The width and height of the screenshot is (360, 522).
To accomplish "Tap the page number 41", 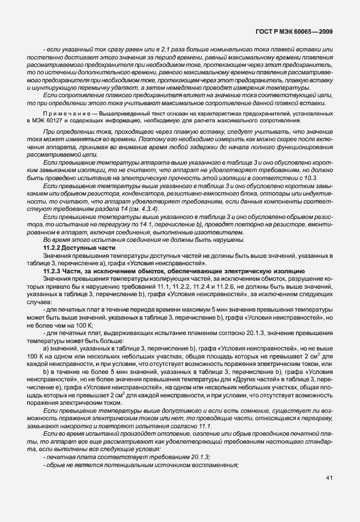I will click(x=329, y=477).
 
